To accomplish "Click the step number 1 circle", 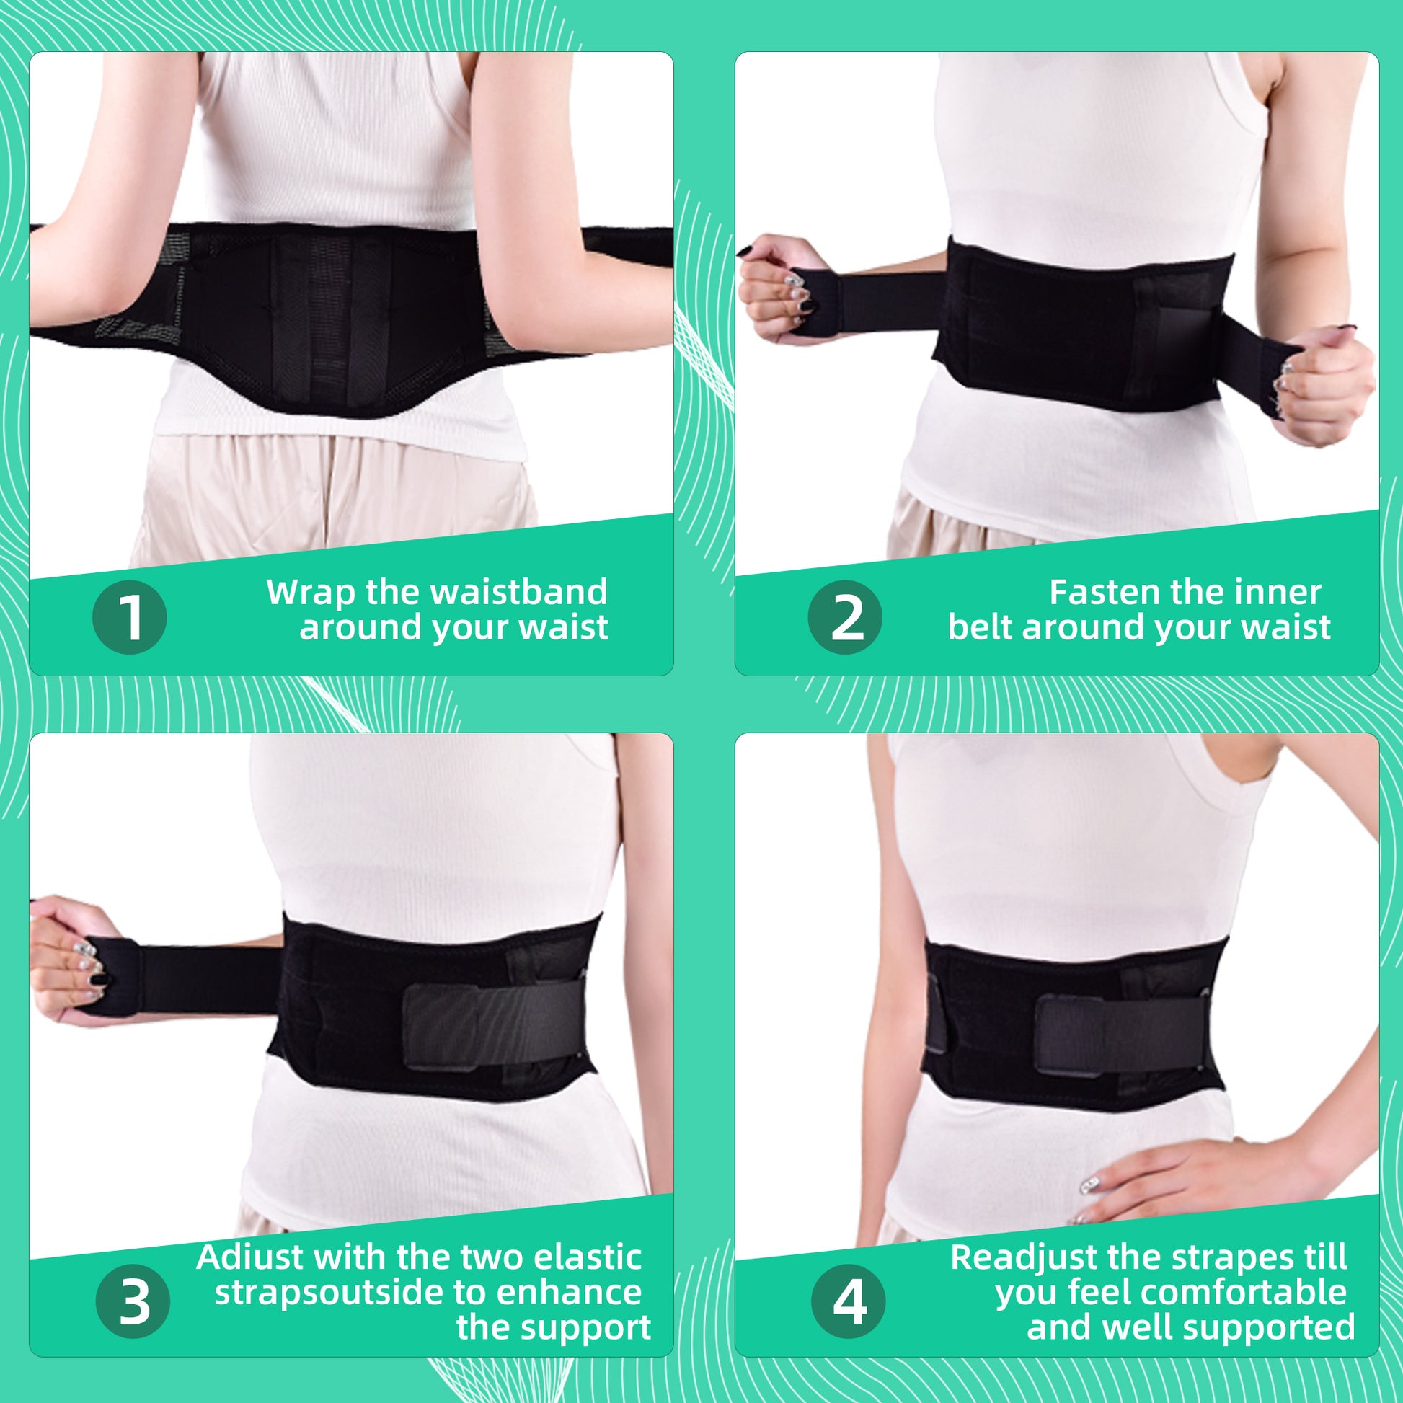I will coord(130,617).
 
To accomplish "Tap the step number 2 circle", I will coord(844,617).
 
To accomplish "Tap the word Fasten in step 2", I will coord(1100,592).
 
